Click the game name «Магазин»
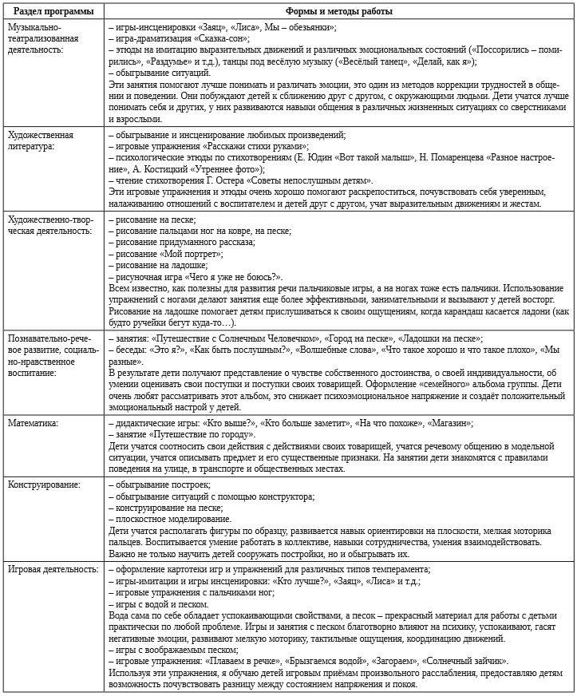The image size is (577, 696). tap(449, 423)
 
